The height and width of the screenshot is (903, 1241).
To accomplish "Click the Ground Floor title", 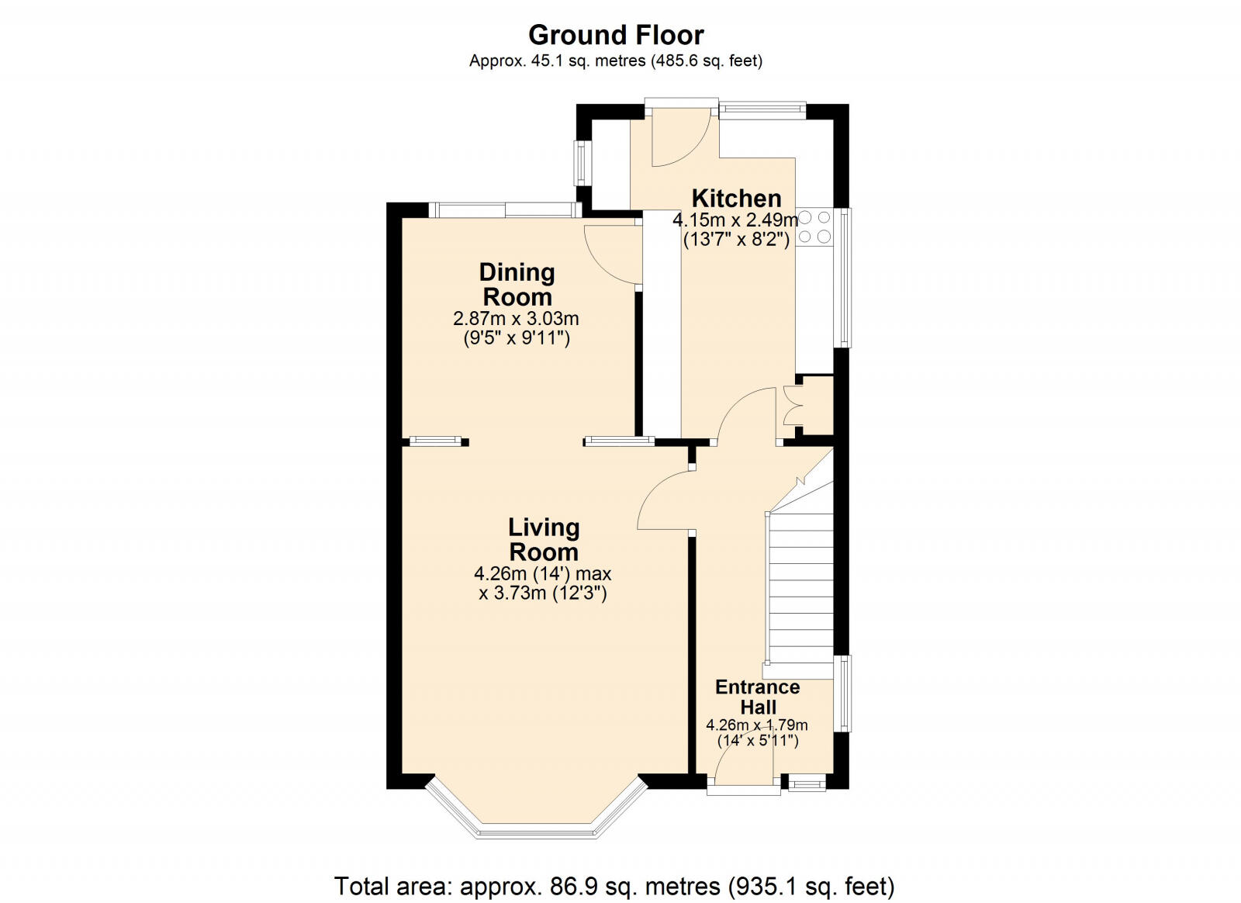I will (616, 35).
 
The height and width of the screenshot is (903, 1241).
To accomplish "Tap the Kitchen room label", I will (736, 198).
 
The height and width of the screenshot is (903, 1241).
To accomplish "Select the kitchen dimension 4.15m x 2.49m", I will (735, 220).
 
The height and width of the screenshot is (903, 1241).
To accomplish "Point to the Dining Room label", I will (517, 284).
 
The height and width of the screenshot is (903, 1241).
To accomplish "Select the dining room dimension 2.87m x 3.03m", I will (516, 319).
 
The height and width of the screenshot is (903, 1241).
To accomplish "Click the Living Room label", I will (544, 539).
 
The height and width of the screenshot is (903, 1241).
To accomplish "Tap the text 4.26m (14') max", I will (543, 574).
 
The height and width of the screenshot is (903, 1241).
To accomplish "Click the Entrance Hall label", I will (757, 697).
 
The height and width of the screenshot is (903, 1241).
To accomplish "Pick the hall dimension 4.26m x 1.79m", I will (757, 725).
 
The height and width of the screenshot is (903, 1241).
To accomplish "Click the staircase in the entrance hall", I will (800, 590).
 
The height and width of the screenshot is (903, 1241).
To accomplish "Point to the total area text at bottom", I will (614, 885).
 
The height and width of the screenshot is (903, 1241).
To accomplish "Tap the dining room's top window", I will (504, 209).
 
